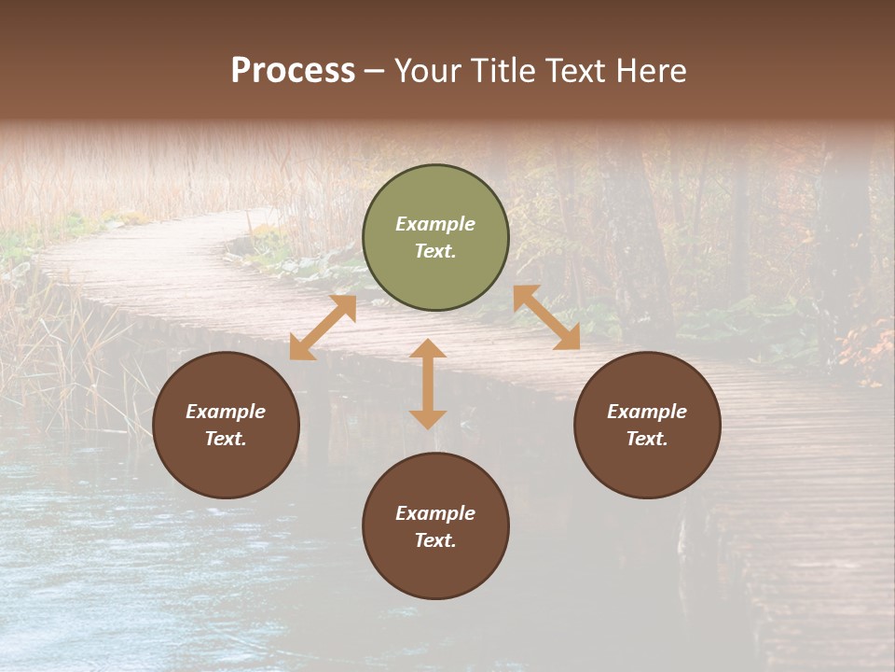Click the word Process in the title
293,71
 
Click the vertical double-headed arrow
428,384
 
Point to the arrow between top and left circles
323,328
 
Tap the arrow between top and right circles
546,317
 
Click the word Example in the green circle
435,224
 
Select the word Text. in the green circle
435,251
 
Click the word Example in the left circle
226,412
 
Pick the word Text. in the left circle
226,439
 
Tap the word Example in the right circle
647,412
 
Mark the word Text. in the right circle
647,439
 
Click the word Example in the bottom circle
435,513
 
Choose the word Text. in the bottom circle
435,540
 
